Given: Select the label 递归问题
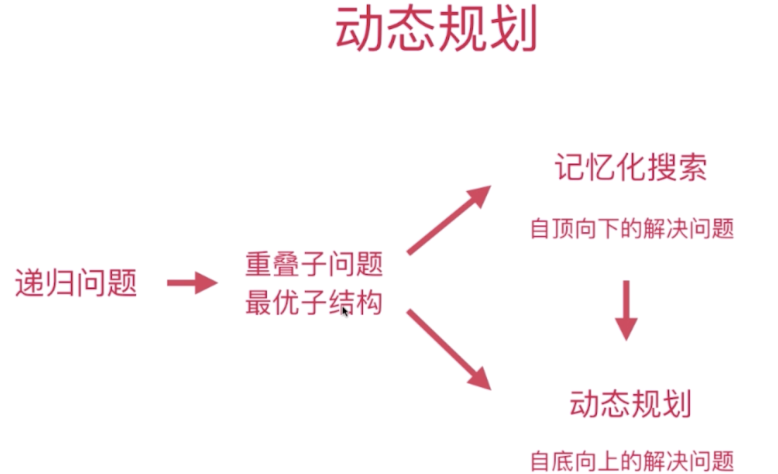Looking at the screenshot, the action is coord(76,283).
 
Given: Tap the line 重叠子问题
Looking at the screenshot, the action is coord(314,264).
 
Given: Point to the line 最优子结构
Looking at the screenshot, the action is coord(314,303).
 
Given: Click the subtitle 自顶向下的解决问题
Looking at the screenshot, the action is coord(632,228).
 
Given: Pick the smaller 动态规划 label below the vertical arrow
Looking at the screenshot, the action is coord(630,404).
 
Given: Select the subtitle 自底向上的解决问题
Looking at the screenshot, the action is coord(632,461).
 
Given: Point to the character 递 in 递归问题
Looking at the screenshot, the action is coord(30,283).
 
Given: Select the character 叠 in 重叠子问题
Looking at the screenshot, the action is coord(286,264).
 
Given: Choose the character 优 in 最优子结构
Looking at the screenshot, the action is coord(286,303).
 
